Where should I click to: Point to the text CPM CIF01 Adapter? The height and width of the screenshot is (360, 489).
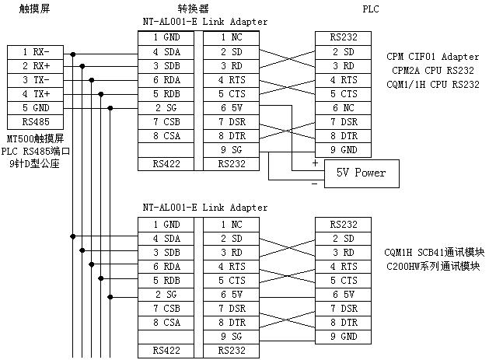(432, 57)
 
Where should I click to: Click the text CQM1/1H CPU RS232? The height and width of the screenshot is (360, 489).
(432, 85)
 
